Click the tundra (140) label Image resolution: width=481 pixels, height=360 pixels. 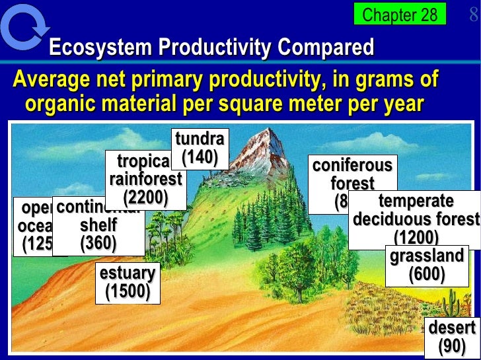pos(200,149)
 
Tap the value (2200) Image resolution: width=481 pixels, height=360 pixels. pos(145,196)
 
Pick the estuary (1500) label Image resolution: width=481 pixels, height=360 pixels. pos(128,282)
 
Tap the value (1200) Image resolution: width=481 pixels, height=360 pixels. pos(416,237)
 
